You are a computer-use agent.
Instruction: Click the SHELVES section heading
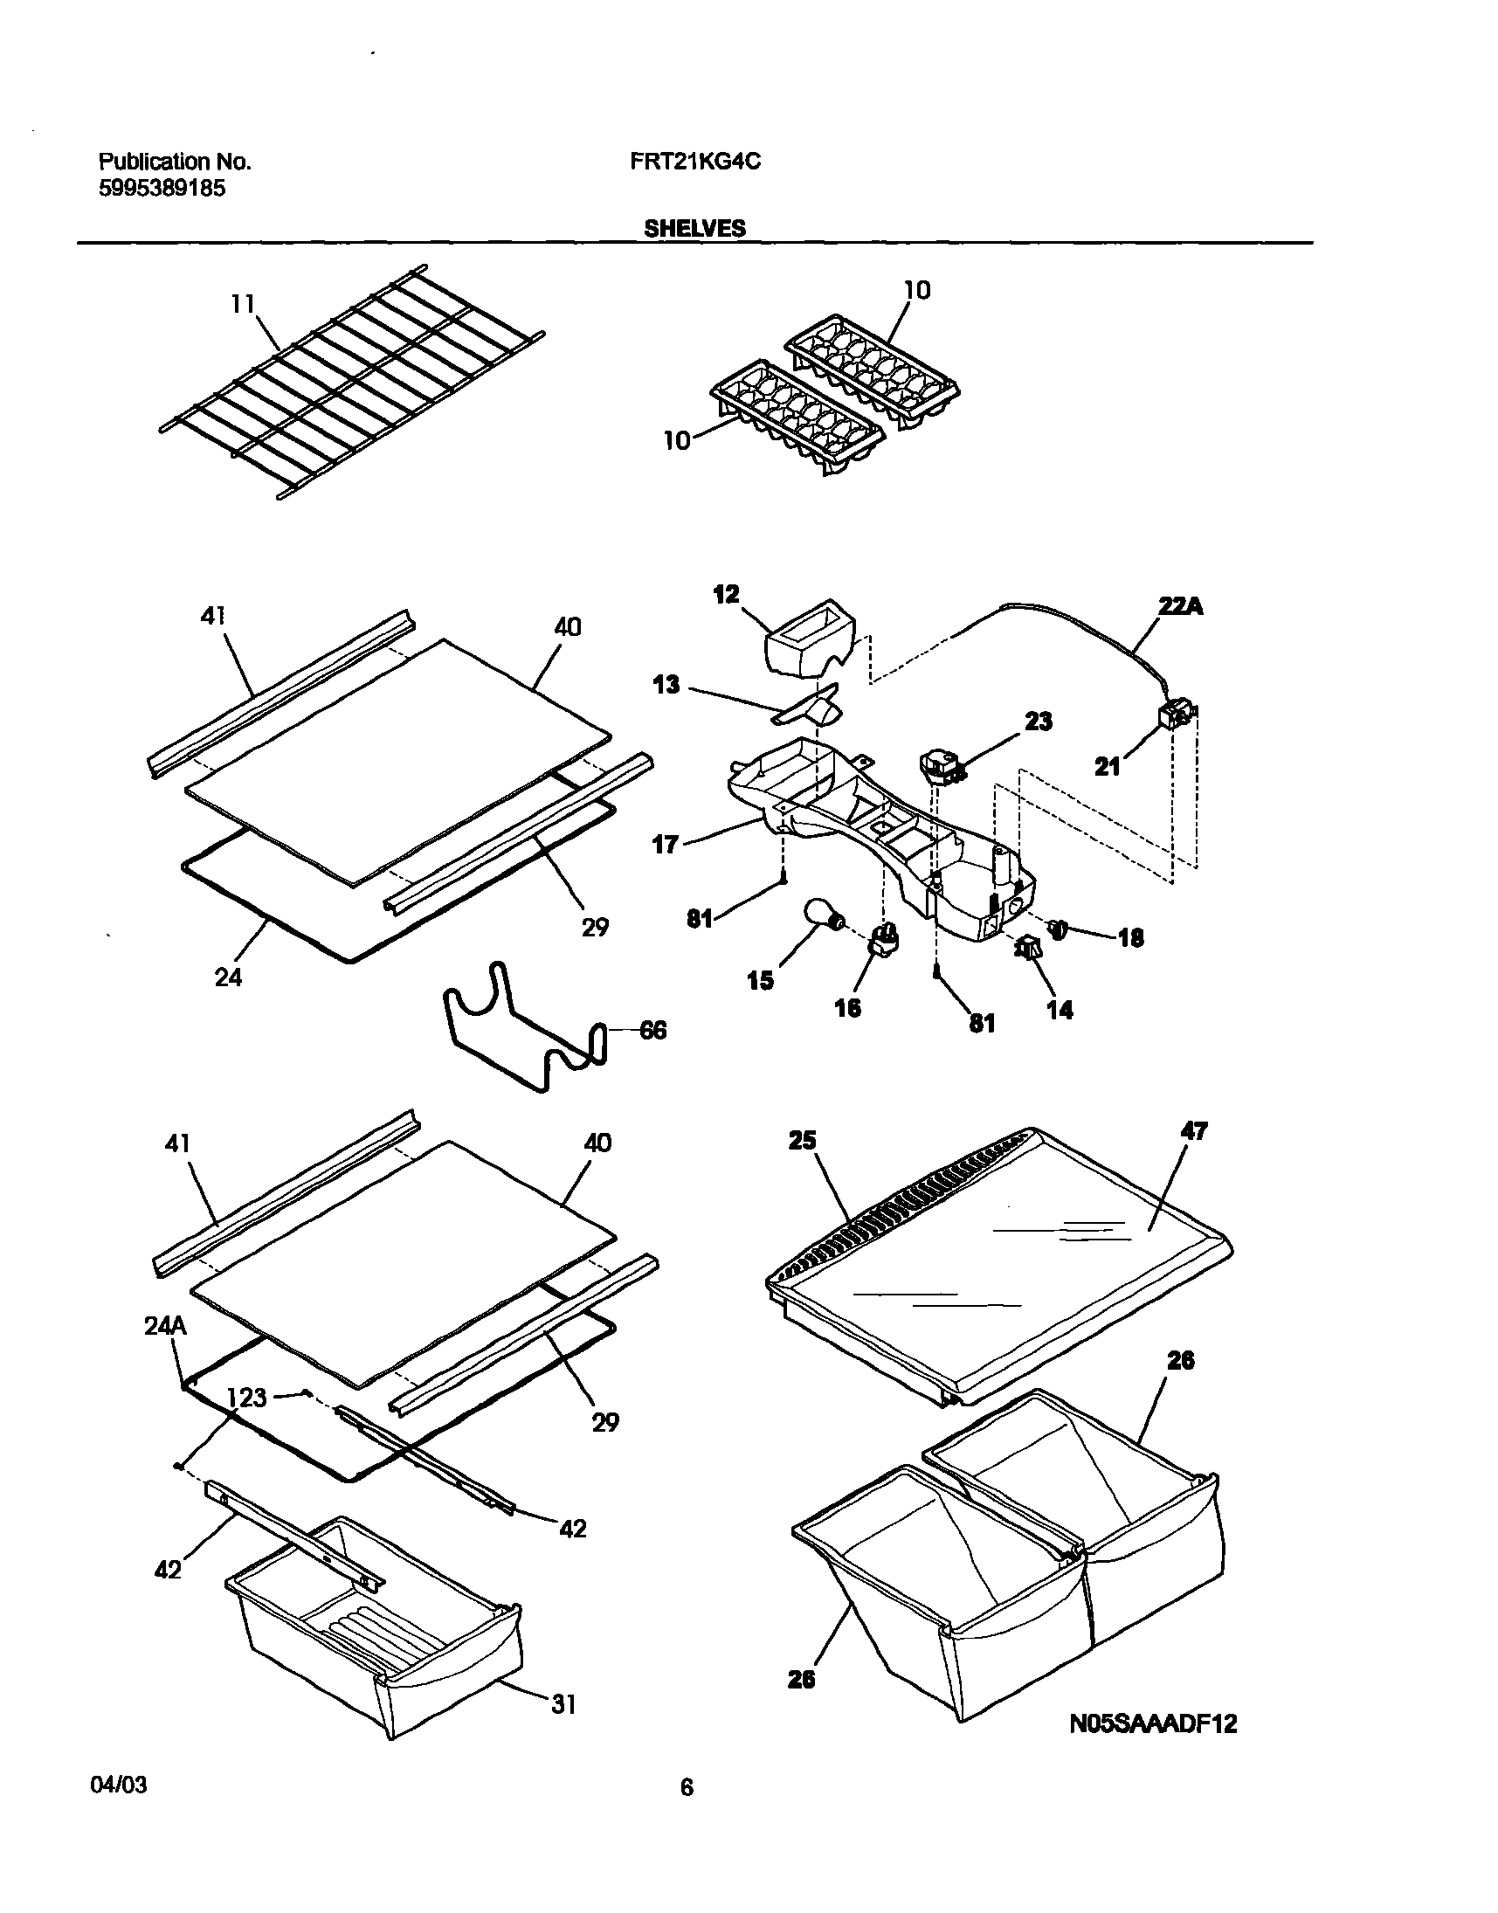[694, 229]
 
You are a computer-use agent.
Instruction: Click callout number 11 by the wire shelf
[242, 304]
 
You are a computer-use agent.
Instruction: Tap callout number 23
[1039, 721]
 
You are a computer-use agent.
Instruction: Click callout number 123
[247, 1398]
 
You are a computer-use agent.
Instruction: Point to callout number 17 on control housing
[666, 846]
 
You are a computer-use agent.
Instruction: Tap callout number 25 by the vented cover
[802, 1140]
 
